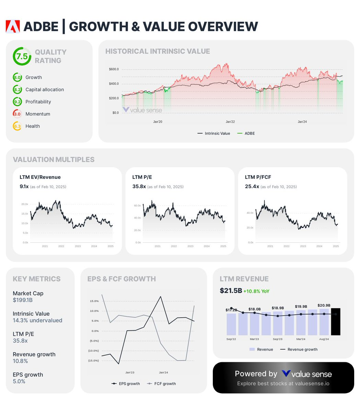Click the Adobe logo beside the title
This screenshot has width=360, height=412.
tap(13, 26)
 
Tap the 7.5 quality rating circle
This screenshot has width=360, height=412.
tap(22, 56)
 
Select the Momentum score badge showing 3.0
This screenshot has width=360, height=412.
tap(17, 114)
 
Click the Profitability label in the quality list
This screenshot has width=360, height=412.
tap(38, 102)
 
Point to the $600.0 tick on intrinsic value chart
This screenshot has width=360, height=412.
tap(114, 69)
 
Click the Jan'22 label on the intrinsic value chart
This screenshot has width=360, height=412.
tap(230, 122)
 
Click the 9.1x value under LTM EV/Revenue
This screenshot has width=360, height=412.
tap(24, 186)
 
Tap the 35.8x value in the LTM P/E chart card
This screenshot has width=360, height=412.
tap(139, 186)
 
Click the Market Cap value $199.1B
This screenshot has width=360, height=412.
tap(23, 300)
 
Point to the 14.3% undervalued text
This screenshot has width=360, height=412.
tap(37, 320)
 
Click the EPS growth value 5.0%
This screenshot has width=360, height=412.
tap(19, 381)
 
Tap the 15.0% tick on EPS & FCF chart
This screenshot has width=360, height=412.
tap(94, 301)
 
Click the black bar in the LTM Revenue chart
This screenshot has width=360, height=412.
tap(335, 322)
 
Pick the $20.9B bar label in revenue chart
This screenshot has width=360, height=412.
tap(324, 305)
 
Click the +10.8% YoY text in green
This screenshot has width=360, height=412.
tap(256, 291)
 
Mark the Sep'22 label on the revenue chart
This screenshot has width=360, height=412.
tap(231, 339)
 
